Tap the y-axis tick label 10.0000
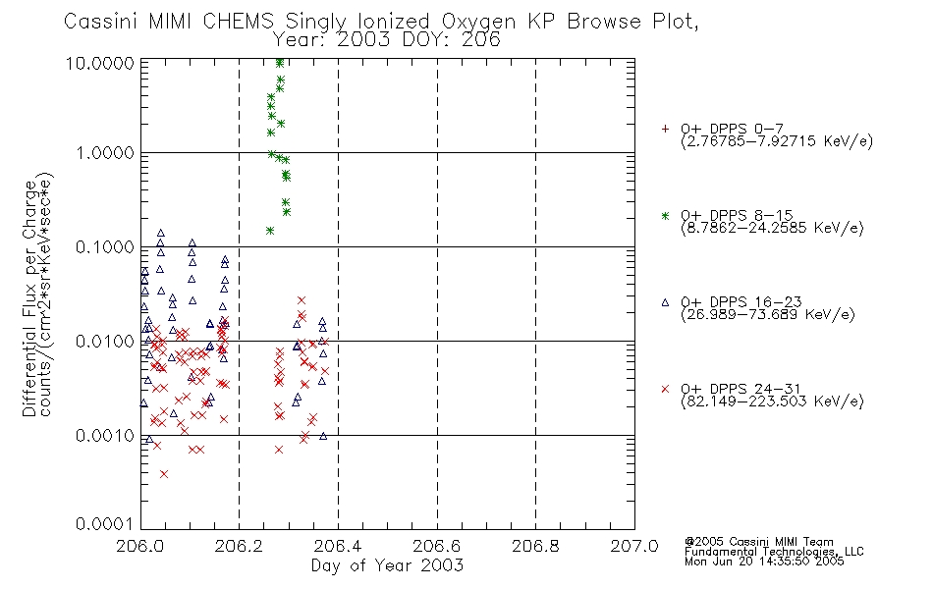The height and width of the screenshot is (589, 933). tap(100, 63)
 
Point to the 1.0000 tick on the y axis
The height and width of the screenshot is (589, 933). tap(105, 153)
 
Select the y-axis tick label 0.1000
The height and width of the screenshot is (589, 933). tap(105, 247)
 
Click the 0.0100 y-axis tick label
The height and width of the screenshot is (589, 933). tap(105, 342)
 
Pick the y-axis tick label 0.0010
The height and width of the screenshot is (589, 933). tap(105, 436)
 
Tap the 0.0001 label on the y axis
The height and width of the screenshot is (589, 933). tap(105, 523)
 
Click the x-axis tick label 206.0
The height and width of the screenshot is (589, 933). tap(139, 546)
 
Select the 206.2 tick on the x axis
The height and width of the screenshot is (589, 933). tap(239, 546)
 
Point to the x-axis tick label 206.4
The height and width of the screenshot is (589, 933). tap(338, 546)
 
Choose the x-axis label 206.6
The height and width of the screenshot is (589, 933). tap(437, 546)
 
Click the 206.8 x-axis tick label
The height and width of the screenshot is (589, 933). tap(535, 546)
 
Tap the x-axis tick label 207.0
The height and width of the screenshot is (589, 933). tap(634, 546)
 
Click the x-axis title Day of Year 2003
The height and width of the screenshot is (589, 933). tap(387, 565)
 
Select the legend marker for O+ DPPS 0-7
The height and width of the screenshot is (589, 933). tap(665, 129)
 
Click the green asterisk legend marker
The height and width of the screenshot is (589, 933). tap(665, 215)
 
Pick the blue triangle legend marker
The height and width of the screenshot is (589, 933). tap(665, 302)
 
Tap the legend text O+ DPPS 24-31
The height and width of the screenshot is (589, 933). tap(741, 389)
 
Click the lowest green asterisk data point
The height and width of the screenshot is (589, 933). tap(270, 231)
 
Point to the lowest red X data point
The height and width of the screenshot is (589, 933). tap(164, 473)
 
